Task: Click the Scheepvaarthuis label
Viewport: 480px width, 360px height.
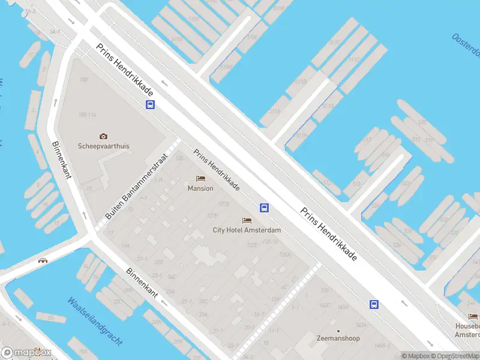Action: pos(103,146)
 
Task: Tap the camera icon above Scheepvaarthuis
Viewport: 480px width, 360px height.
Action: pos(103,137)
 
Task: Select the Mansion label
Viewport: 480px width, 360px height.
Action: pos(200,188)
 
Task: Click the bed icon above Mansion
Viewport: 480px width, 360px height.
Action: pos(200,179)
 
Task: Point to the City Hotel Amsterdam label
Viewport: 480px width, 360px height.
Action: pos(247,230)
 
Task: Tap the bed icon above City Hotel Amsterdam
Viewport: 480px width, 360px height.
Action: pos(247,221)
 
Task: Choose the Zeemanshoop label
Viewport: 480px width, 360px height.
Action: pos(338,338)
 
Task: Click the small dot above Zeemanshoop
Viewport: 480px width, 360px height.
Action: pos(338,331)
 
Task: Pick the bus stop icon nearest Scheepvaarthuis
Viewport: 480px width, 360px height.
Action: pos(150,105)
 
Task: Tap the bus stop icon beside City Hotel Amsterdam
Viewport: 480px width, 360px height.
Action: pos(264,208)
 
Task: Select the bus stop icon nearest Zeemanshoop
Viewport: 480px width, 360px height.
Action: pos(374,304)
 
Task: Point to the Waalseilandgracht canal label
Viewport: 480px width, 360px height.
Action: pos(95,322)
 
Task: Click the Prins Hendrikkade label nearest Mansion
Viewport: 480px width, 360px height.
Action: pos(217,170)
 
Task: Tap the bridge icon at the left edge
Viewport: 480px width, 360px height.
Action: pos(43,260)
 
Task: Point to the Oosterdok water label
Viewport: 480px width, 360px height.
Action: pos(466,48)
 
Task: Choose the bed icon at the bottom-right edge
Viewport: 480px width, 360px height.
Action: pos(473,316)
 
